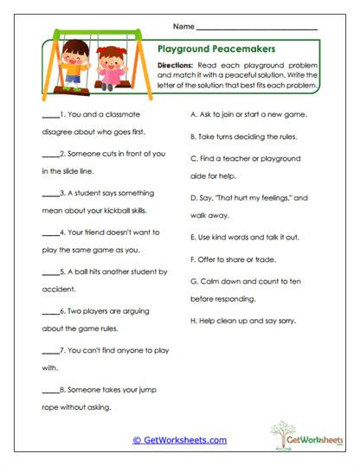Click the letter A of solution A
pyautogui.click(x=192, y=114)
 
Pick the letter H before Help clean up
pyautogui.click(x=192, y=322)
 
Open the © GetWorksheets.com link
pyautogui.click(x=179, y=440)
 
